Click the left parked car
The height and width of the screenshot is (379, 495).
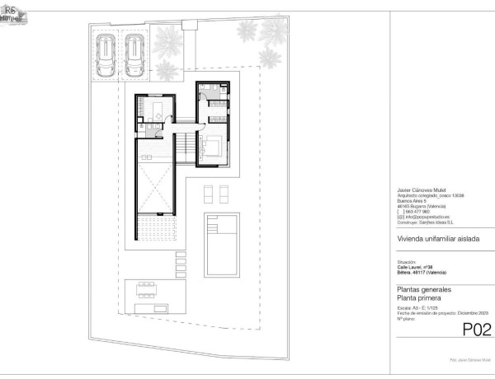(106, 55)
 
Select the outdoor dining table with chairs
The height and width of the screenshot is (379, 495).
(147, 289)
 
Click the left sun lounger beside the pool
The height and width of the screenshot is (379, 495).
(208, 193)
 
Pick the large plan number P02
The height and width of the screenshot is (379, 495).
(476, 330)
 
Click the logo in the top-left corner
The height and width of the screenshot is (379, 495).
(12, 12)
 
